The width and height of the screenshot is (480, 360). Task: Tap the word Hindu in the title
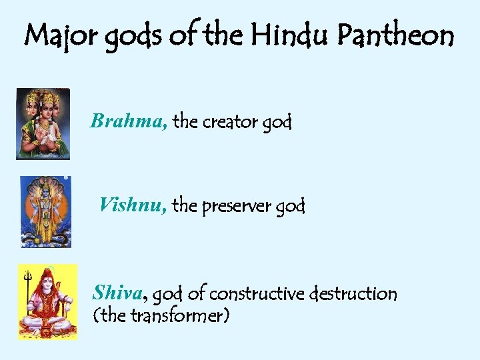click(289, 35)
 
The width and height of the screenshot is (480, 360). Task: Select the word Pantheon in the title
click(395, 35)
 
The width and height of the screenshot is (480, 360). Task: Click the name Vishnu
click(133, 205)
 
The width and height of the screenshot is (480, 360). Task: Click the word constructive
click(259, 293)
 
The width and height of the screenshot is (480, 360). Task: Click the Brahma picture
click(43, 124)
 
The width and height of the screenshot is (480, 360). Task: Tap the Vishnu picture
click(45, 211)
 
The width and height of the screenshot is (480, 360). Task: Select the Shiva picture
click(47, 301)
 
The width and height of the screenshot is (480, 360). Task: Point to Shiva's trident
click(28, 280)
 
